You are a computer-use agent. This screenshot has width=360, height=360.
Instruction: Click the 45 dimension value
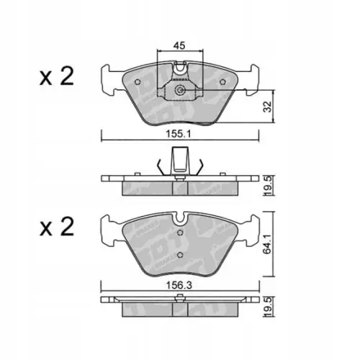click(179, 45)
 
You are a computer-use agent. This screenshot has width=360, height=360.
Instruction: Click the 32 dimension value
click(268, 107)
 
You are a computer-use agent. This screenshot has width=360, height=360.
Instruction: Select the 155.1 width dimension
click(179, 134)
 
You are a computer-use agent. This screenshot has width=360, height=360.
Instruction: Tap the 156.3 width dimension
click(179, 285)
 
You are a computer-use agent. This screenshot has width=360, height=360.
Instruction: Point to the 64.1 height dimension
click(268, 244)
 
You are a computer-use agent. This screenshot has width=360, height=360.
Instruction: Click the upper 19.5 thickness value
click(269, 186)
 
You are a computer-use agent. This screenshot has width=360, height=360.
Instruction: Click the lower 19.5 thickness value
click(269, 307)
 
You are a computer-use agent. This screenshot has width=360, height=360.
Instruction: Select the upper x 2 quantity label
click(57, 76)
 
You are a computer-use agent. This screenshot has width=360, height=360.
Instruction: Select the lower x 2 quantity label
click(57, 227)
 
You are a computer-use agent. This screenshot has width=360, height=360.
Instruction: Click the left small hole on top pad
click(138, 82)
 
